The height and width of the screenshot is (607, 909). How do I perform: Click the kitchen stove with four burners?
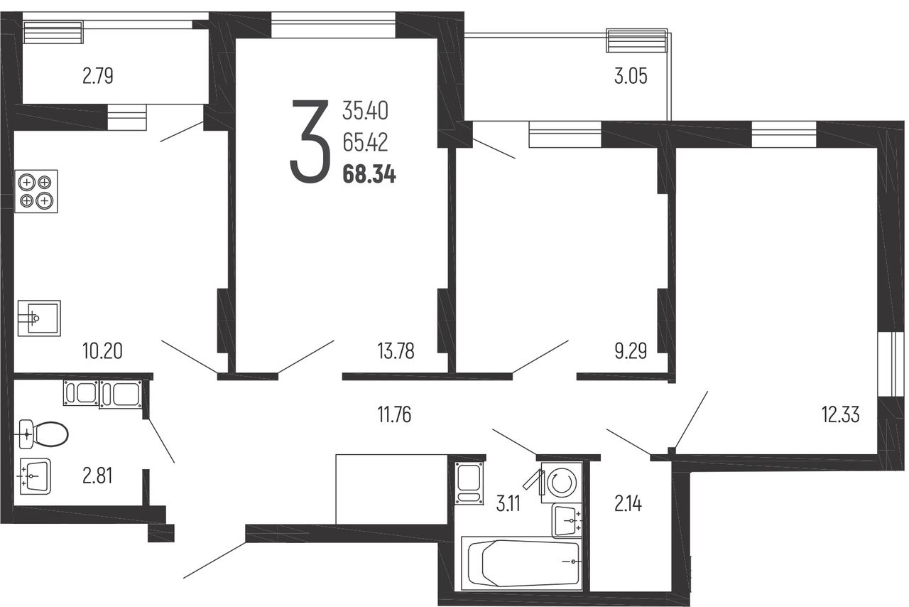click(x=36, y=191)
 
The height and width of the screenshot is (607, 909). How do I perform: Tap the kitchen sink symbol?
click(x=39, y=318)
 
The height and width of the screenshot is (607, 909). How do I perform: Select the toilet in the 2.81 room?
click(x=43, y=434)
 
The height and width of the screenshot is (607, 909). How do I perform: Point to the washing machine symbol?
click(x=562, y=483)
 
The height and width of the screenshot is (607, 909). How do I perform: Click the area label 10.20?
click(x=102, y=350)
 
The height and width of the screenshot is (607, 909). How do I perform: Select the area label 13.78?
click(x=396, y=351)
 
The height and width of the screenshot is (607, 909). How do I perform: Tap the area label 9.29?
click(x=631, y=351)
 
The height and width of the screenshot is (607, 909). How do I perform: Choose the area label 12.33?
click(x=840, y=415)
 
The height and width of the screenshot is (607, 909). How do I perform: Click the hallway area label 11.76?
click(x=394, y=415)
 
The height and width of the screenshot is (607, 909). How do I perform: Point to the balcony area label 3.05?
click(x=631, y=76)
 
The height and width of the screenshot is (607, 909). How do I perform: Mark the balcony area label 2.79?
click(x=97, y=76)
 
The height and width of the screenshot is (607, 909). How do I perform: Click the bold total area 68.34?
click(x=369, y=175)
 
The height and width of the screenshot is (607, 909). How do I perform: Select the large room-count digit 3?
click(x=310, y=141)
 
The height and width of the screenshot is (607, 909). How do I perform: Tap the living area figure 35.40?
click(x=365, y=110)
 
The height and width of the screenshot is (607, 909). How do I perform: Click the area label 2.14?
click(x=628, y=504)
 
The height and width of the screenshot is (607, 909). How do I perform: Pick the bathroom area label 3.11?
click(x=508, y=504)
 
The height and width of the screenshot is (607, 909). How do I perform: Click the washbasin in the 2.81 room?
click(x=36, y=476)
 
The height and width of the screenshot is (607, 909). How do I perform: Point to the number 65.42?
click(x=365, y=143)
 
